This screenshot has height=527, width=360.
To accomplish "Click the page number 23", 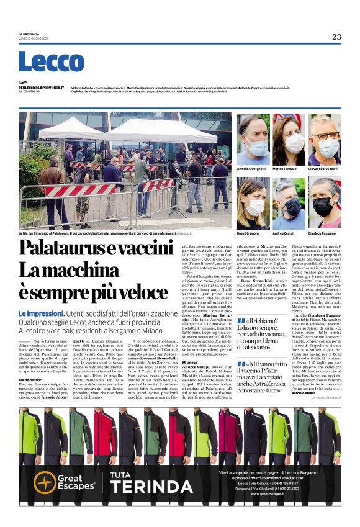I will pos(336,37).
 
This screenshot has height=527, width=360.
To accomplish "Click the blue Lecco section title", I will pos(51,62).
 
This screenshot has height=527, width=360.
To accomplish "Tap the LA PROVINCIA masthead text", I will pos(29,34).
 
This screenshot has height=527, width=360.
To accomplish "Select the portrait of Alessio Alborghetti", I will pos(253,139).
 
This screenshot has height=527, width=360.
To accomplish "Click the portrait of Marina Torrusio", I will pos(289,139).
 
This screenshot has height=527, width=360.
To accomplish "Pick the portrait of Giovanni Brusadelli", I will pos(325,139).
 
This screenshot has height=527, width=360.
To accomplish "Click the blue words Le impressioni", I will pos(41,314).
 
